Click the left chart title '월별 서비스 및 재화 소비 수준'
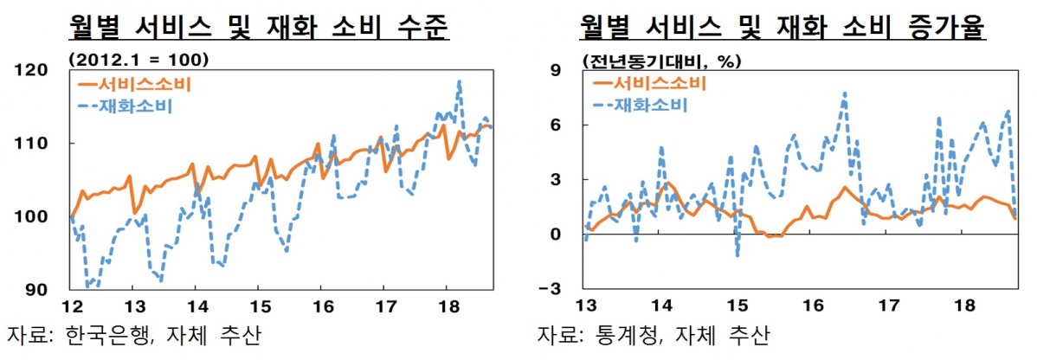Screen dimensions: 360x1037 pyautogui.click(x=259, y=29)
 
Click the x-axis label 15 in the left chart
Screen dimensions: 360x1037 pyautogui.click(x=260, y=305)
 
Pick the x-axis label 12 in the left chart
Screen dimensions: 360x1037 pyautogui.click(x=72, y=305)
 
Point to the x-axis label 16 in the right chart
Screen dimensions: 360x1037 pyautogui.click(x=811, y=305)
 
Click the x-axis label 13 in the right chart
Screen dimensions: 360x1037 pyautogui.click(x=586, y=305)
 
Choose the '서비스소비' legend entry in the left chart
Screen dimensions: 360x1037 pyautogui.click(x=134, y=85)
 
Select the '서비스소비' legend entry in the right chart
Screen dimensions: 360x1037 pyautogui.click(x=648, y=83)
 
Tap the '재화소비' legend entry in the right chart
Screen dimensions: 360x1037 pyautogui.click(x=641, y=106)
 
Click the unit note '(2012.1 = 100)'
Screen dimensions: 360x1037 pyautogui.click(x=138, y=61)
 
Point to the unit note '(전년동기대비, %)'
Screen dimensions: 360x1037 pyautogui.click(x=663, y=61)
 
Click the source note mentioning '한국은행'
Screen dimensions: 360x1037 pyautogui.click(x=133, y=335)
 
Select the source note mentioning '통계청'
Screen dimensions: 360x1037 pyautogui.click(x=652, y=335)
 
